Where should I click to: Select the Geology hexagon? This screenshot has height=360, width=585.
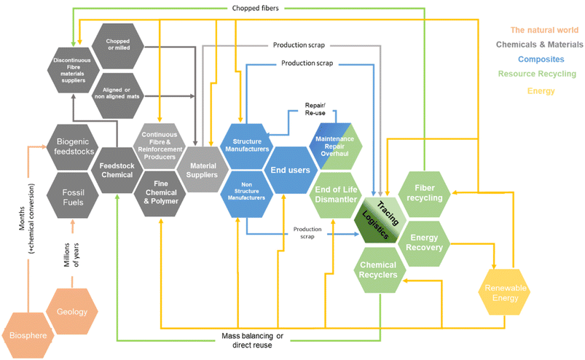72,311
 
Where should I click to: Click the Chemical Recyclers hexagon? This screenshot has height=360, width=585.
379,270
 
